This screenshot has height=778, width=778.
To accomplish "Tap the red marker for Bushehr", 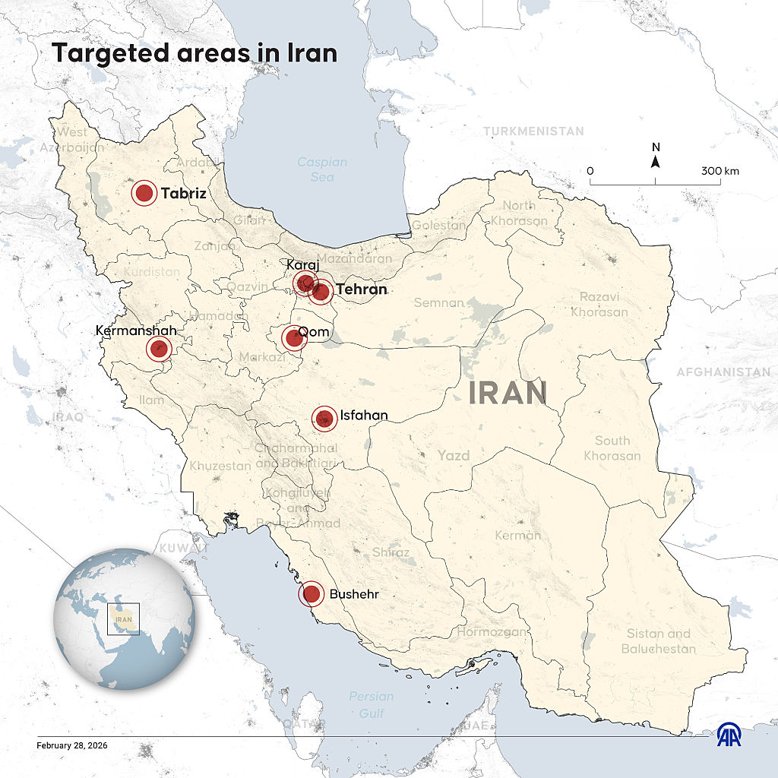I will [312, 594].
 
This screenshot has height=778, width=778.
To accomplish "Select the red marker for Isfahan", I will [325, 418].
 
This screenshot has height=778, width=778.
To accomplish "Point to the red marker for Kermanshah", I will [159, 349].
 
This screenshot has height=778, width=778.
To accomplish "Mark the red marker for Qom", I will [294, 337].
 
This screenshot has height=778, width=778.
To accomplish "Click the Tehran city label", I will [362, 289].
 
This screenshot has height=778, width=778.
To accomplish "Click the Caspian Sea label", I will [322, 169].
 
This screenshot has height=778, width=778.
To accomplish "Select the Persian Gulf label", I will [372, 704].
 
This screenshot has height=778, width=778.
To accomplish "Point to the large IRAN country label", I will [508, 394].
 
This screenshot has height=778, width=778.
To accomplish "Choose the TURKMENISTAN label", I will [534, 131].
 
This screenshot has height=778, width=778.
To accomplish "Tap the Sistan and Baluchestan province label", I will [658, 641].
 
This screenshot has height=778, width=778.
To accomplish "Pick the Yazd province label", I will [454, 456].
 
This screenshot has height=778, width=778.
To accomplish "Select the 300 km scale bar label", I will [720, 171].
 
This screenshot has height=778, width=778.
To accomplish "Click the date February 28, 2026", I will [72, 745].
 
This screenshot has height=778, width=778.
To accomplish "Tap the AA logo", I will [730, 734].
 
